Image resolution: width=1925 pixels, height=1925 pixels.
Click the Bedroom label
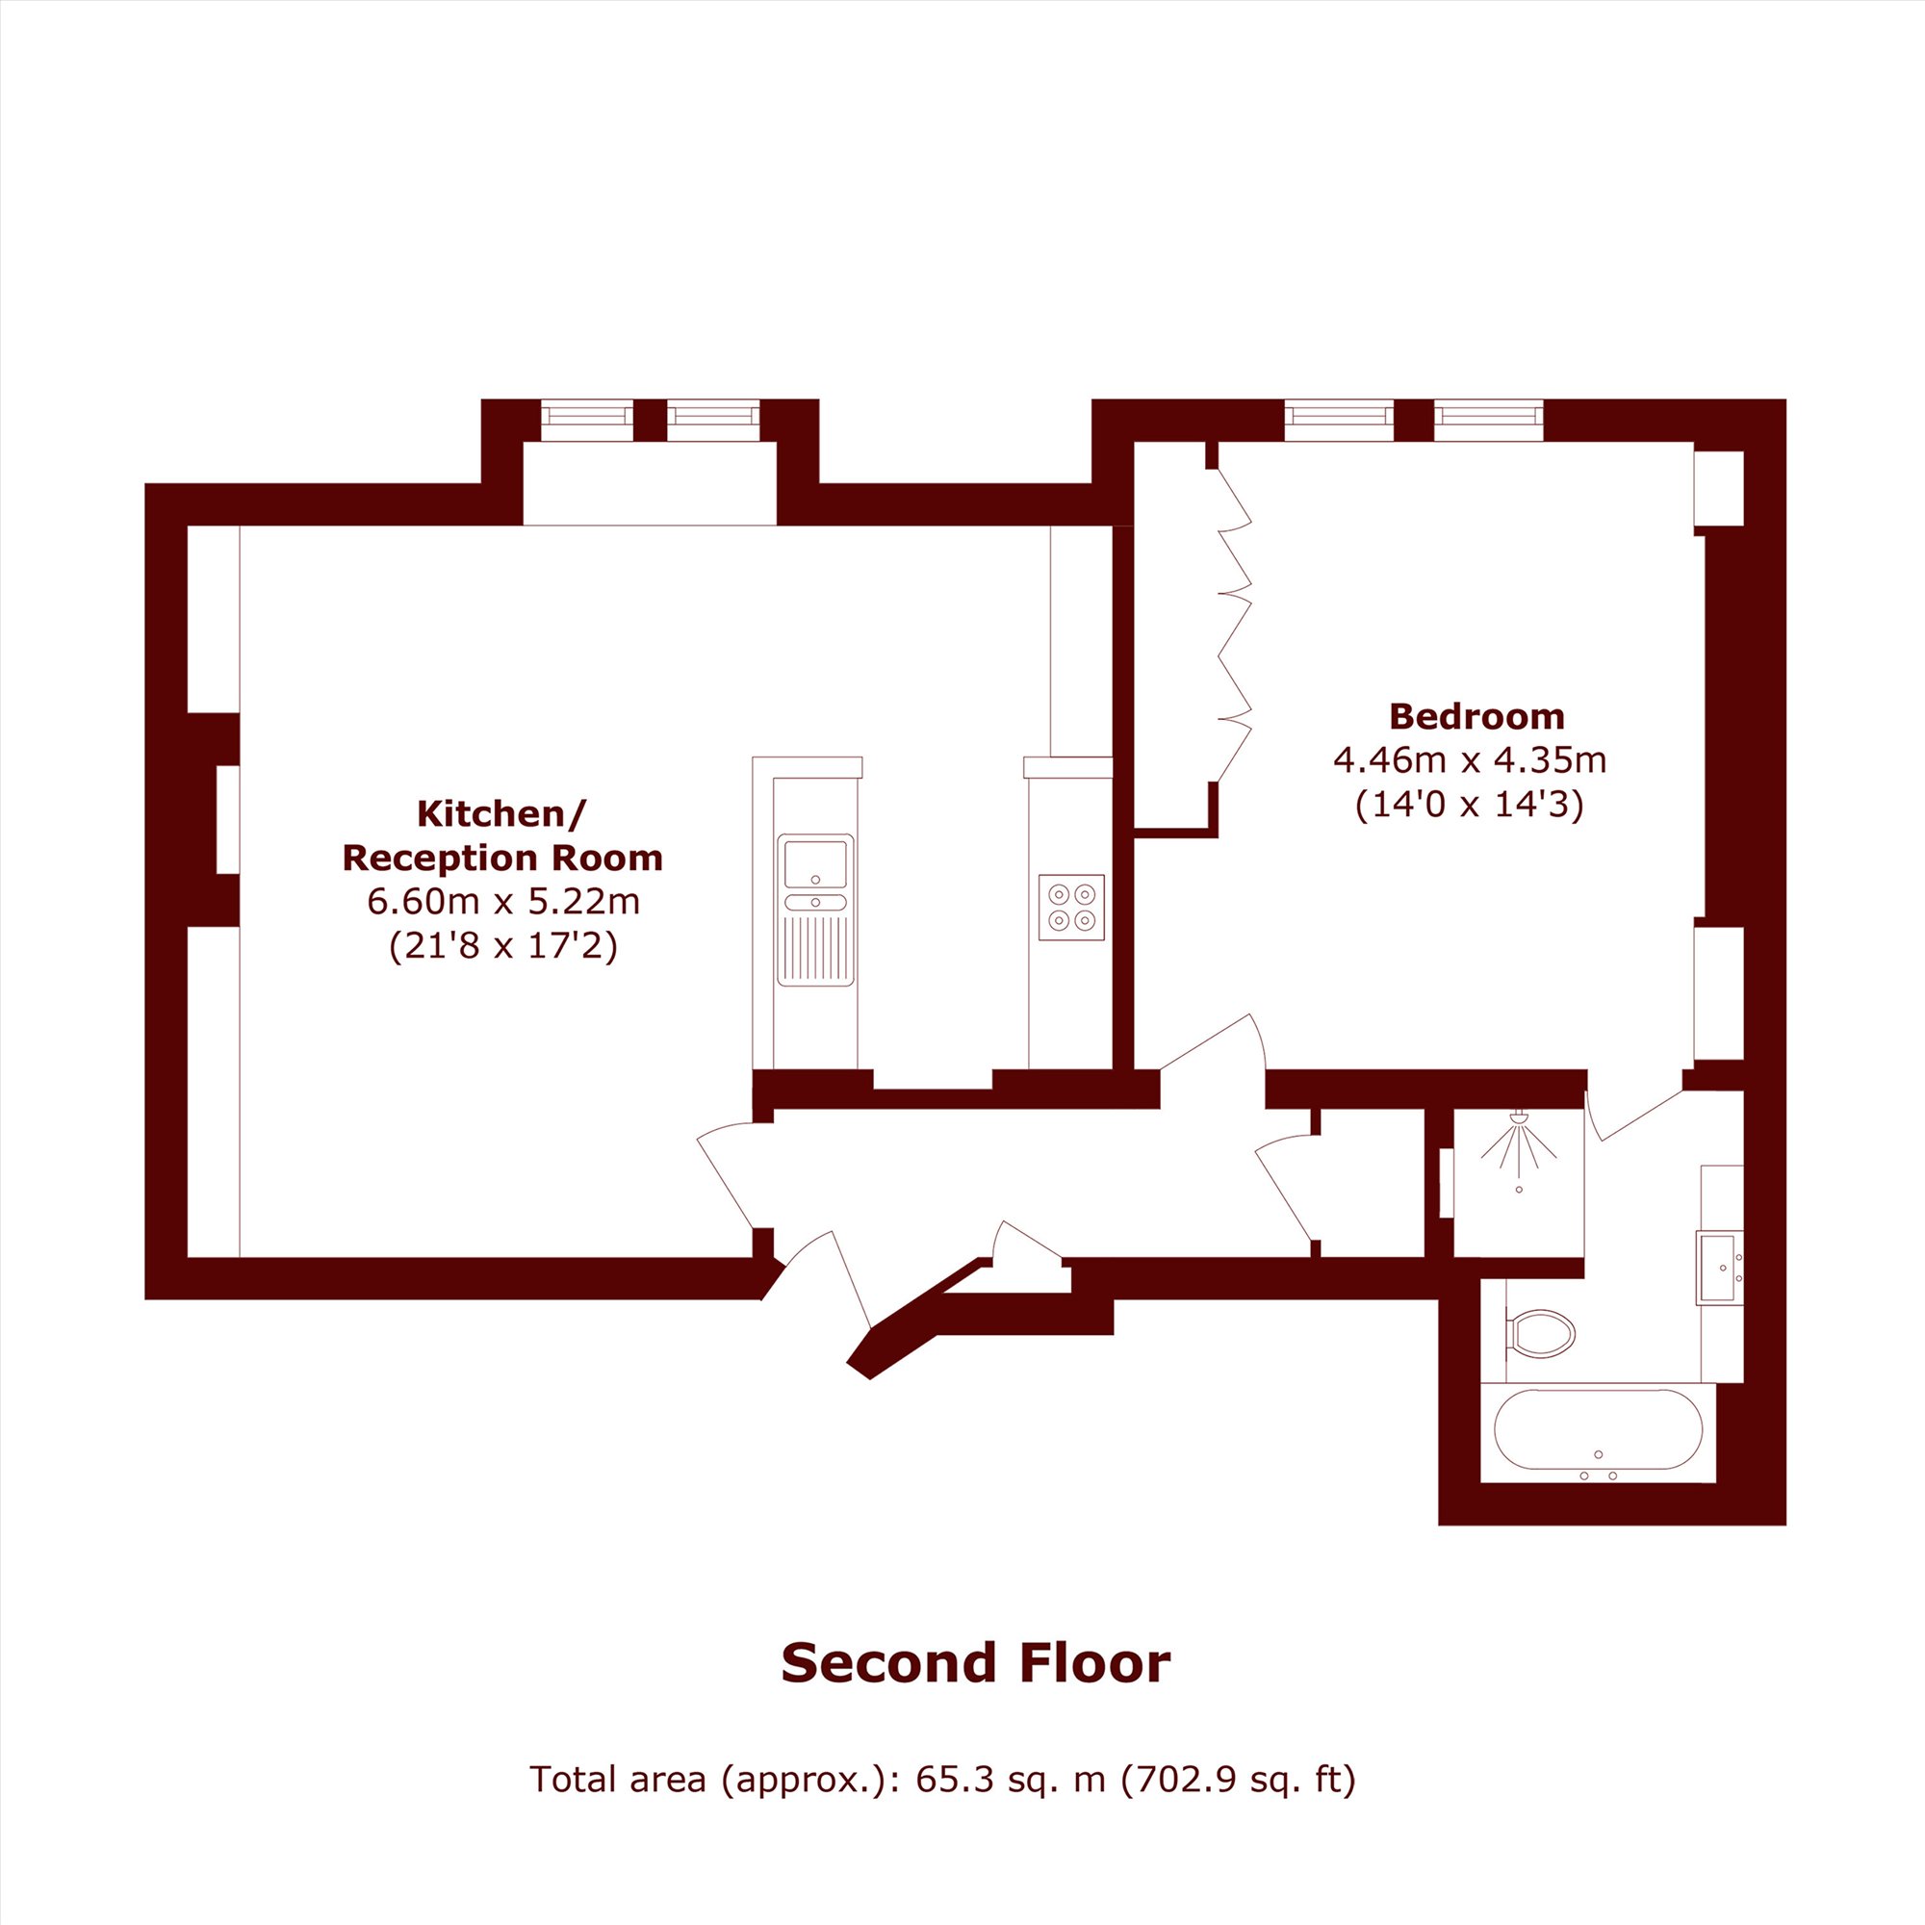pos(1476,716)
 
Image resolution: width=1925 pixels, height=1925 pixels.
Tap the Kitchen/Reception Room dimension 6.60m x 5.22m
pos(503,902)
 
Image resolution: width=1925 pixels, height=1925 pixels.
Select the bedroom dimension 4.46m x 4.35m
pos(1471,760)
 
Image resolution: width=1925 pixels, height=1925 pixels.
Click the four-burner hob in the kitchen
pos(1071,907)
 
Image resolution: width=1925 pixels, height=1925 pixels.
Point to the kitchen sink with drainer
pos(816,910)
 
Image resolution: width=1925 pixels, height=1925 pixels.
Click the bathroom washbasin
pos(1720,1268)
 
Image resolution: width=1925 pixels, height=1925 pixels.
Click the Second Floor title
pos(975,1663)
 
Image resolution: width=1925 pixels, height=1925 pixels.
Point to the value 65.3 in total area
pos(954,1779)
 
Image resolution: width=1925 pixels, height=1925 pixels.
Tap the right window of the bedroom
pos(1489,420)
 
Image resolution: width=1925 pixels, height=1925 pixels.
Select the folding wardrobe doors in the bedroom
pos(1235,625)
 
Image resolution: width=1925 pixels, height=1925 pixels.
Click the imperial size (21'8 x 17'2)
pos(503,944)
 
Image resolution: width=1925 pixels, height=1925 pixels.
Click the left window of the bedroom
pos(1339,420)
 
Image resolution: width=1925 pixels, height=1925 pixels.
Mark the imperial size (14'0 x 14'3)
pos(1470,804)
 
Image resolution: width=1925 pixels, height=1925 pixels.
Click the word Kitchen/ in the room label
pos(502,814)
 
